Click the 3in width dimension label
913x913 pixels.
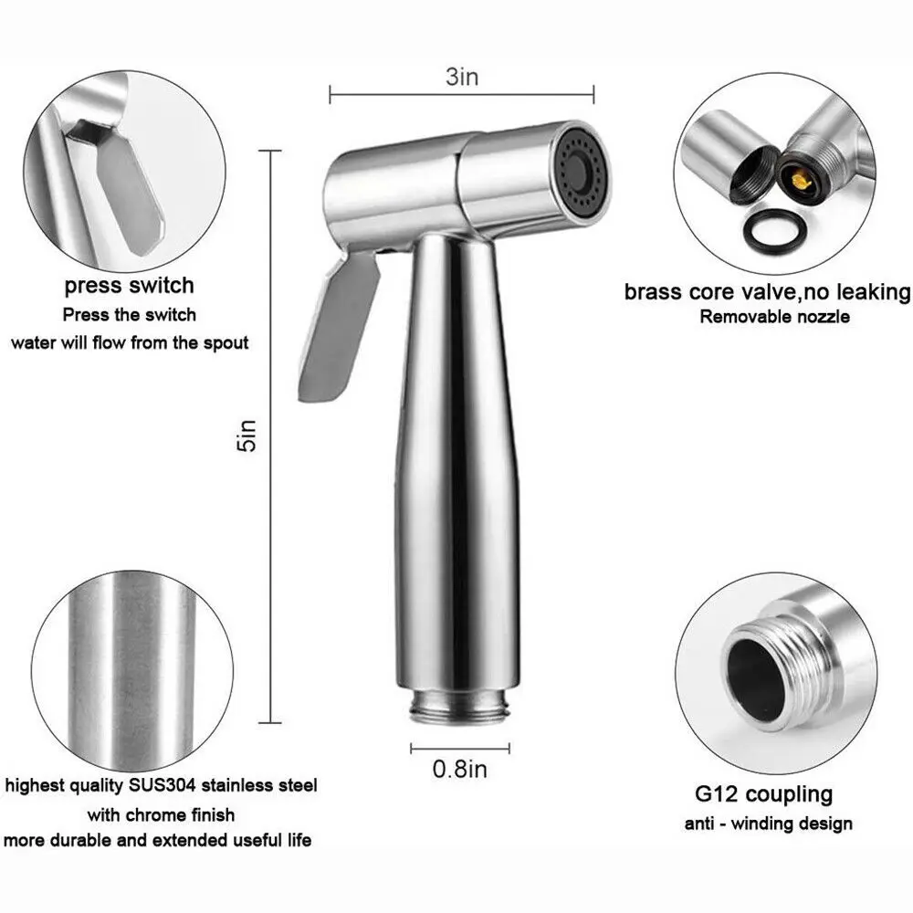[x=462, y=77]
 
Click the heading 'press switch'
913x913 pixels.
[x=129, y=285]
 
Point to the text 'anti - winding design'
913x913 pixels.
[x=769, y=824]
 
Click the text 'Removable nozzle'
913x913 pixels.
[x=774, y=317]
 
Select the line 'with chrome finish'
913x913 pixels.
[x=161, y=813]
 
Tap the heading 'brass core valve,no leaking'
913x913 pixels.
[x=767, y=292]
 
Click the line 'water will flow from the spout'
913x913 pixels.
[x=129, y=343]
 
